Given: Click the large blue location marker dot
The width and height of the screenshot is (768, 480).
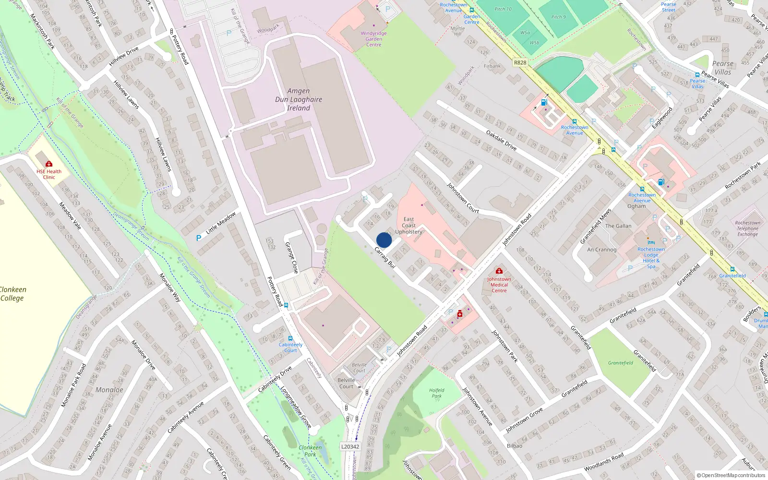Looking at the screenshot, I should (x=384, y=240).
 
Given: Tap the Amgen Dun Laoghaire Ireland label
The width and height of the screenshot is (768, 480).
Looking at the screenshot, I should (x=299, y=99).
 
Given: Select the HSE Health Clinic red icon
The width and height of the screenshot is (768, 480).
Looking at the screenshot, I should (x=49, y=164).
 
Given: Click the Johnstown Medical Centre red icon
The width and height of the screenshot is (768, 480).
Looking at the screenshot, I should (x=499, y=271).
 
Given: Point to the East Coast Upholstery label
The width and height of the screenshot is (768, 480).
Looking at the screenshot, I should (x=408, y=226).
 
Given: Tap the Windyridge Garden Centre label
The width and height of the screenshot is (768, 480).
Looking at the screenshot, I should (x=374, y=39).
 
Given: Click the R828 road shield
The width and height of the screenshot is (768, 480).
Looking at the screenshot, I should (x=520, y=62).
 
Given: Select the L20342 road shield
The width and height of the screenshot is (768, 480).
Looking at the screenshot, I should (x=350, y=446).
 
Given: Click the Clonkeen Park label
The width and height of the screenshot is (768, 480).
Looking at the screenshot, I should (x=310, y=451).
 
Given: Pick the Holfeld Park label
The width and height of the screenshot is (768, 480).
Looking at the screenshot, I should (x=437, y=393).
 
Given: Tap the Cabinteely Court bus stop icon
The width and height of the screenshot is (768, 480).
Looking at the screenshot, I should (x=290, y=338).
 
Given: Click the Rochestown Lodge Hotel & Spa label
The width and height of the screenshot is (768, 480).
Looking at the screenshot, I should (x=651, y=258).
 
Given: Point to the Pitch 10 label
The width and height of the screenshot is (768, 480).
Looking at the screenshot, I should (x=503, y=9).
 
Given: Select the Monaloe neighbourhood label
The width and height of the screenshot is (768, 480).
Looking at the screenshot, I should (x=109, y=390).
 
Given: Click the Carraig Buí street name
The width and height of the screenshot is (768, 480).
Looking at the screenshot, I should (x=384, y=257).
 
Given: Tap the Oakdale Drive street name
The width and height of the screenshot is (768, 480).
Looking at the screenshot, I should (x=501, y=140).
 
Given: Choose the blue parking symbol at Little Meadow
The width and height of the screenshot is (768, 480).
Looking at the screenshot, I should (x=199, y=238).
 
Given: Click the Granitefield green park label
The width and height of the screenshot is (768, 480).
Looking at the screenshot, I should (x=620, y=363).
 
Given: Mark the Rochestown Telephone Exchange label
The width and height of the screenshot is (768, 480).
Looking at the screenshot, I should (x=747, y=228).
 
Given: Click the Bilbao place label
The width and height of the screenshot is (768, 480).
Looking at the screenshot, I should (x=515, y=445).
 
